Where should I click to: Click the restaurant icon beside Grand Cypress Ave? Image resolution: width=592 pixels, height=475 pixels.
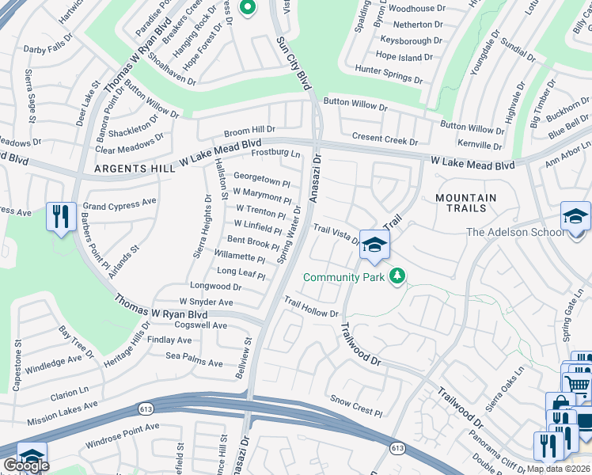[x=61, y=216]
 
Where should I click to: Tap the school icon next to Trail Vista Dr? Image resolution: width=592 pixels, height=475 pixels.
[x=374, y=245]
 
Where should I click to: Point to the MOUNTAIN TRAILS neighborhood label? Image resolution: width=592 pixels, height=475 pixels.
[x=466, y=199]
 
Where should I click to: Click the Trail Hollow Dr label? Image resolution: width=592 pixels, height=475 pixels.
[x=312, y=307]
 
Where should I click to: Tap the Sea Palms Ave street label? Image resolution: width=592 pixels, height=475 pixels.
[x=194, y=361]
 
